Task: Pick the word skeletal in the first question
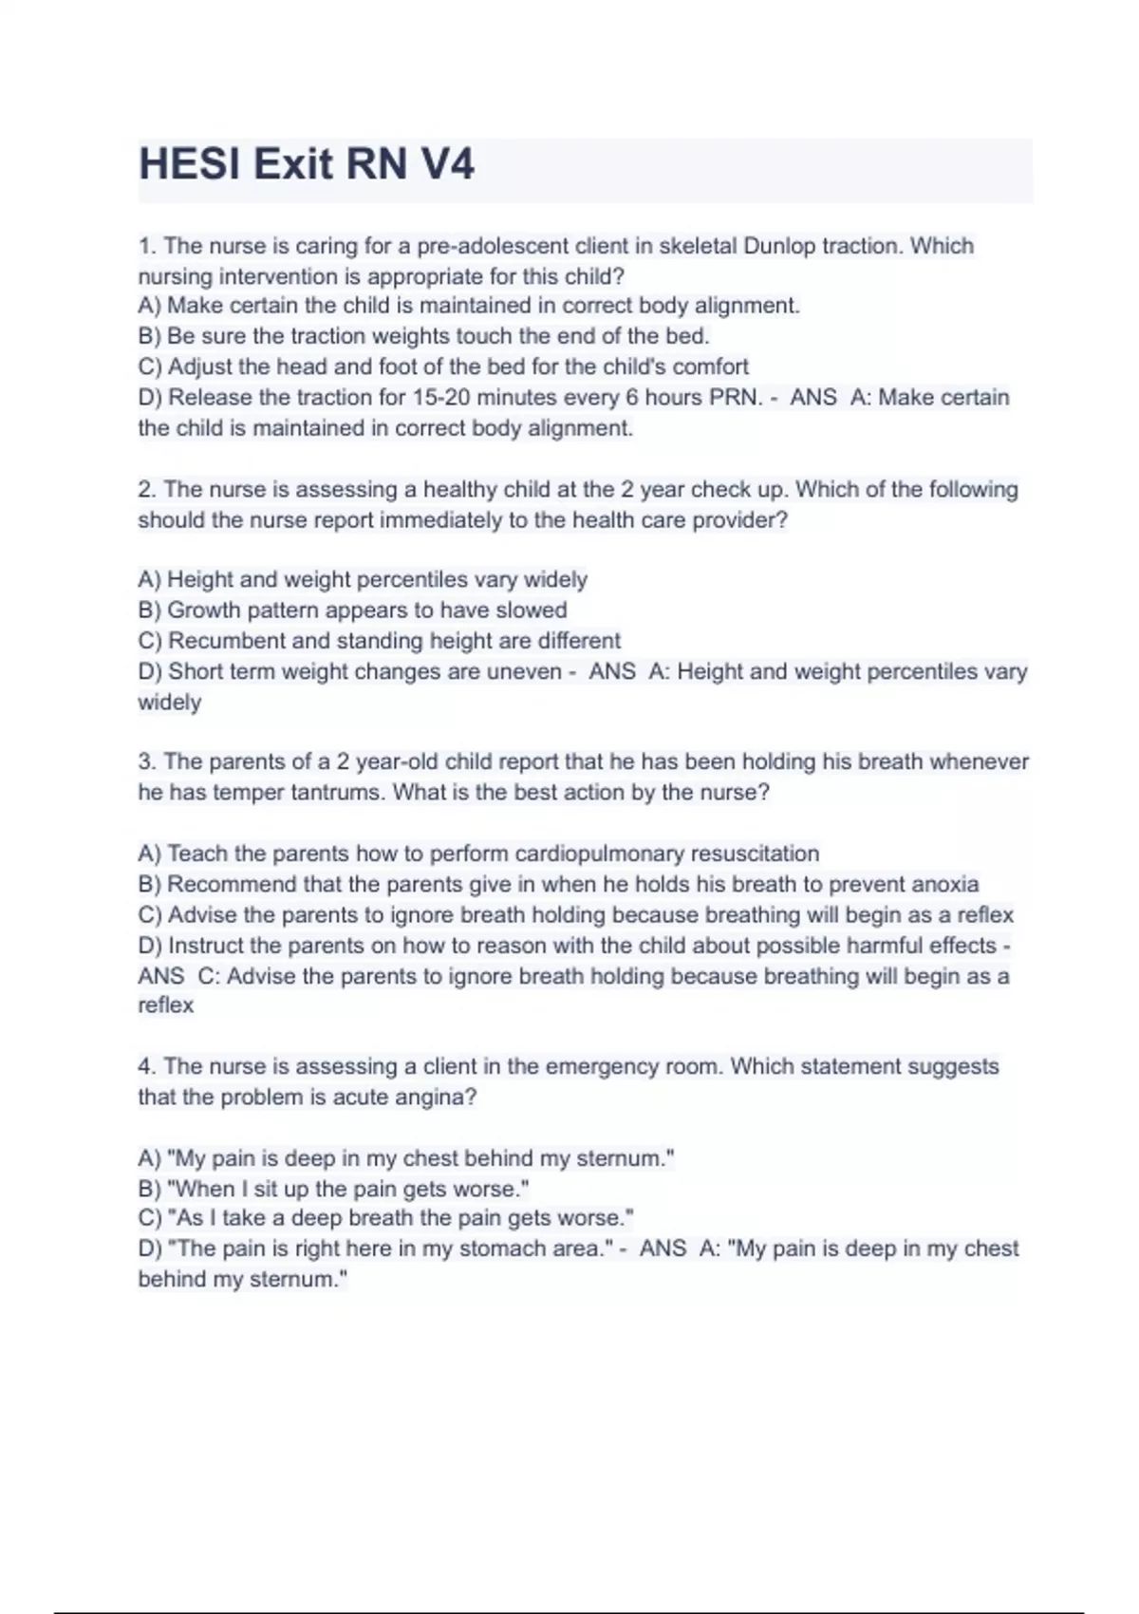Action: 698,246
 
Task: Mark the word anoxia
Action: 944,884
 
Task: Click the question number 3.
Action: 146,761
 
